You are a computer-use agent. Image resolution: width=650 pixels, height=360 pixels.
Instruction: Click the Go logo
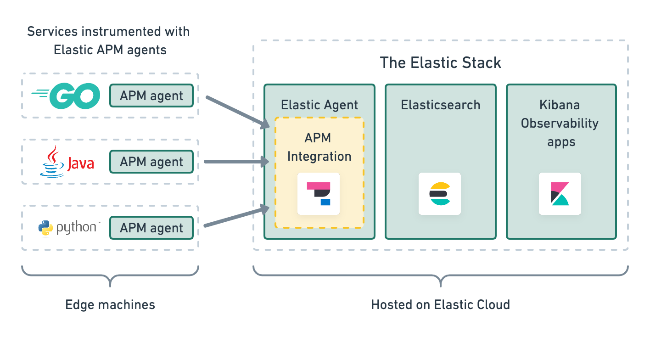pyautogui.click(x=66, y=96)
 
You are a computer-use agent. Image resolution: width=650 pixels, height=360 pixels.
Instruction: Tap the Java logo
pyautogui.click(x=67, y=162)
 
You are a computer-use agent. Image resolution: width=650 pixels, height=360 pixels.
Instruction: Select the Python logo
pyautogui.click(x=68, y=228)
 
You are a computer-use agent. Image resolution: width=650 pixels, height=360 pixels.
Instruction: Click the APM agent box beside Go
pyautogui.click(x=151, y=96)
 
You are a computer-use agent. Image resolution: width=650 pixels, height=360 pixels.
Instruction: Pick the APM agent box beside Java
pyautogui.click(x=151, y=162)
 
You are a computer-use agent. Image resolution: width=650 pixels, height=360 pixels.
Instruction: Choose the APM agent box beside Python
pyautogui.click(x=151, y=228)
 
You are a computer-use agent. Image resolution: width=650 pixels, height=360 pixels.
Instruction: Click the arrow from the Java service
pyautogui.click(x=236, y=162)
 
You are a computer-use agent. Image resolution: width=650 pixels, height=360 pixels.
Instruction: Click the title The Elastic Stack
pyautogui.click(x=440, y=63)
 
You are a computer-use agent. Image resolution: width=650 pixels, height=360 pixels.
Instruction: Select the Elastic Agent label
pyautogui.click(x=319, y=105)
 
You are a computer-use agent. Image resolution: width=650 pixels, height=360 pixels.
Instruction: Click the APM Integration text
pyautogui.click(x=319, y=147)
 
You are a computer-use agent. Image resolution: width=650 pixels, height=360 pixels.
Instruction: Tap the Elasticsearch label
pyautogui.click(x=440, y=105)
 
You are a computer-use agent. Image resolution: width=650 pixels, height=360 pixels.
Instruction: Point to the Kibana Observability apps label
pyautogui.click(x=560, y=123)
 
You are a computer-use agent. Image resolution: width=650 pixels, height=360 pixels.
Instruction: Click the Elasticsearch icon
pyautogui.click(x=440, y=194)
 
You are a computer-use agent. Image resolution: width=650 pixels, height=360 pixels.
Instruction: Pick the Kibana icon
pyautogui.click(x=560, y=194)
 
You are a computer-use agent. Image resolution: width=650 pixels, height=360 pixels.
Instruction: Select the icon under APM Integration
pyautogui.click(x=319, y=194)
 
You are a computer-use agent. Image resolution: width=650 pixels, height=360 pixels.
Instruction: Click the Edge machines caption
pyautogui.click(x=110, y=304)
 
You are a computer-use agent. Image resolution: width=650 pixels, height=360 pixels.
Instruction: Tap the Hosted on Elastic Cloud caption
pyautogui.click(x=440, y=304)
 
